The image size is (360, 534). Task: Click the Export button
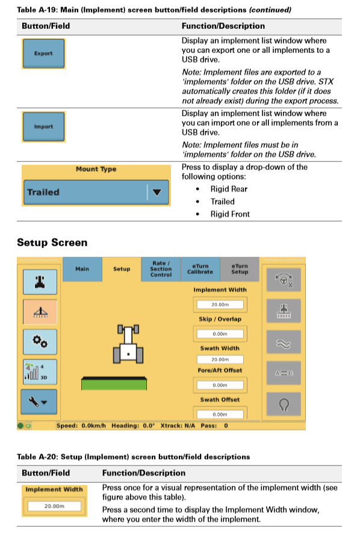tap(43, 54)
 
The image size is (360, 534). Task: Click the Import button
tap(43, 127)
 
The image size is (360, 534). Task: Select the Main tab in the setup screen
tap(82, 269)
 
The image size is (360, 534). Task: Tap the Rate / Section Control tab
tap(161, 269)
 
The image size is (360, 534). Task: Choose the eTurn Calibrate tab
tap(200, 269)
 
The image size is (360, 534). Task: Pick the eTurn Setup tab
tap(240, 269)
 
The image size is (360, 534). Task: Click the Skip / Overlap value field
tap(220, 333)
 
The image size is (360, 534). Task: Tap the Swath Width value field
tap(220, 359)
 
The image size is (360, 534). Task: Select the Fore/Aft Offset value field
tap(220, 385)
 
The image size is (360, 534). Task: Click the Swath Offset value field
tap(220, 414)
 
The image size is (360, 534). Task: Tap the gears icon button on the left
tap(40, 341)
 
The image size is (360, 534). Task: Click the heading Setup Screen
tap(52, 243)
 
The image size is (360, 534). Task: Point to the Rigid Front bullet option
tap(230, 214)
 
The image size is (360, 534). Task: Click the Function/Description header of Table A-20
tap(144, 473)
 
